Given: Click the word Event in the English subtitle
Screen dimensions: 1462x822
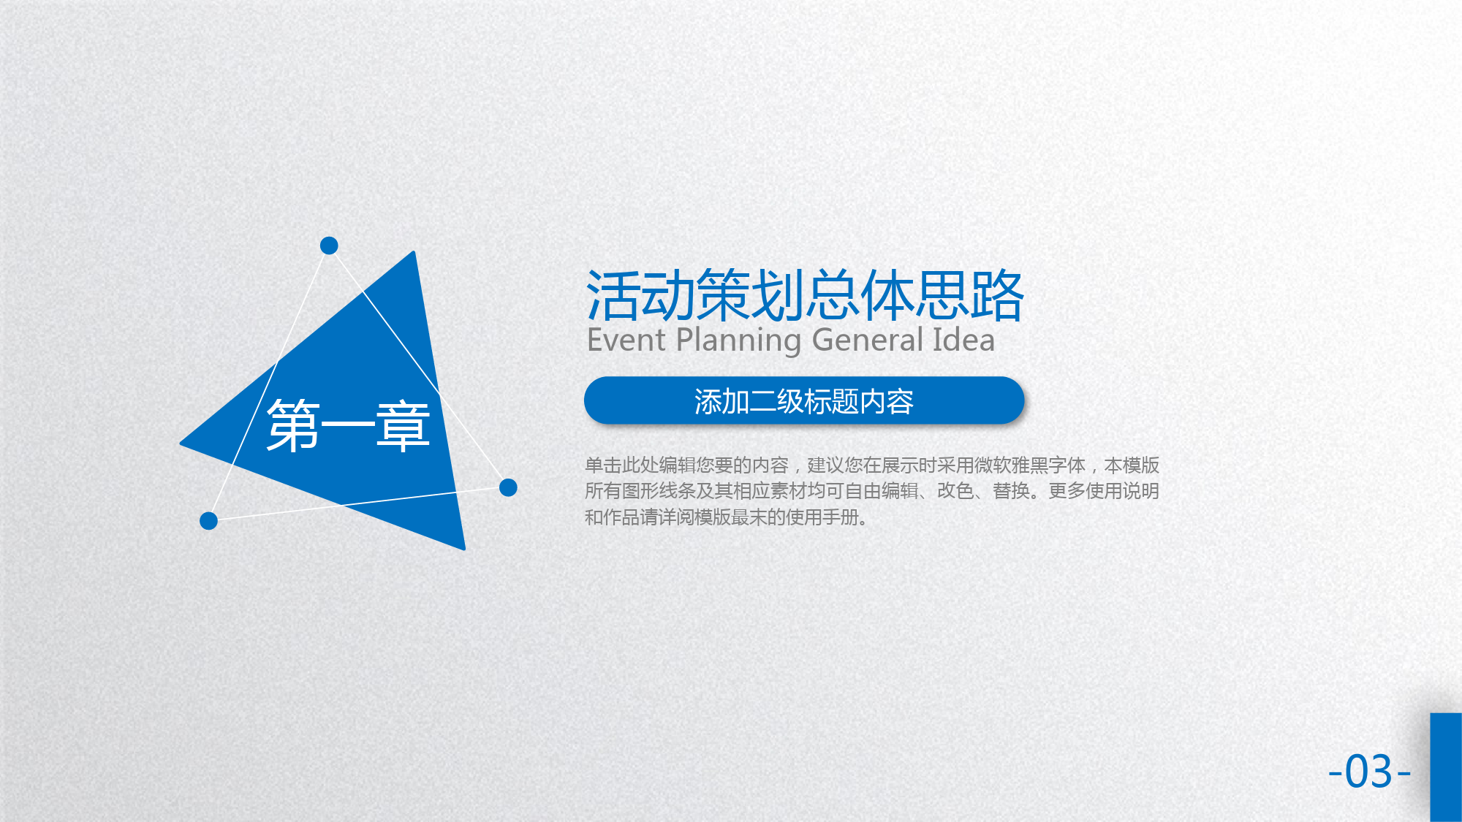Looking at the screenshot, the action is [626, 340].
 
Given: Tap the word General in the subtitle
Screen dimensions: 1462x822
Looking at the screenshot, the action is [868, 340].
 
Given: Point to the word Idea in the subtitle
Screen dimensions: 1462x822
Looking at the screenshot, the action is [964, 340].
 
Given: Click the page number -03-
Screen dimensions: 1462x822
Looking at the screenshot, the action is [1369, 772].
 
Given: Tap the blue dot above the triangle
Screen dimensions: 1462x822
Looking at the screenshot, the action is [329, 246].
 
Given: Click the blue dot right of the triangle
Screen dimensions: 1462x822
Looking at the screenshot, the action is [508, 487].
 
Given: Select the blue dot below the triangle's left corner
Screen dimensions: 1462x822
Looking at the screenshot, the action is [208, 521].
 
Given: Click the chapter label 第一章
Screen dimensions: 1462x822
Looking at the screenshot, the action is [348, 426].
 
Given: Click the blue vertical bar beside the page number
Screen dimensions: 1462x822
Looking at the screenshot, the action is [1446, 767].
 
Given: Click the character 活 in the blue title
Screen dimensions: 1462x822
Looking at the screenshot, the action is [613, 296].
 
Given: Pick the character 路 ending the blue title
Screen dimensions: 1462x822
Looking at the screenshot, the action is [997, 296].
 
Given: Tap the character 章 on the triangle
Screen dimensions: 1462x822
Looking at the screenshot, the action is [404, 426].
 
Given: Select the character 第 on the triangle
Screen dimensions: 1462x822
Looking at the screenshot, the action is [293, 426].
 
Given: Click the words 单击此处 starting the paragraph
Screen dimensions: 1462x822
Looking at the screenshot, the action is [621, 465].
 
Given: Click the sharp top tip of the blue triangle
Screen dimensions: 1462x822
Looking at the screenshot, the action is [414, 252].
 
